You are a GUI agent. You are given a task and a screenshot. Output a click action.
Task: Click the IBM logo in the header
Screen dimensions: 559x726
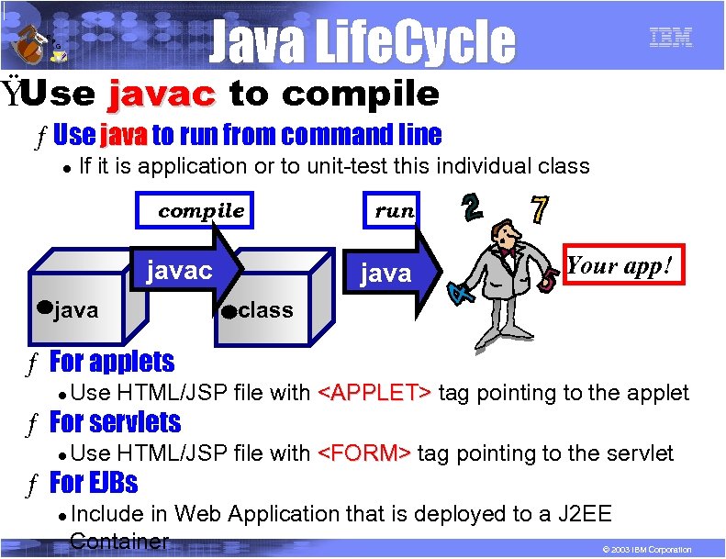(x=670, y=37)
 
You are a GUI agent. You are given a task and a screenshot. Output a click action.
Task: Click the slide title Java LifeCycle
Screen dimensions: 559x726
(x=362, y=41)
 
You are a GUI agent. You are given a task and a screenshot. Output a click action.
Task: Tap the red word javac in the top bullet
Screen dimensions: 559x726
(x=161, y=94)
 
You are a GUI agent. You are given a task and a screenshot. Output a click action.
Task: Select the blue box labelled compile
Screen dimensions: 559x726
(x=201, y=210)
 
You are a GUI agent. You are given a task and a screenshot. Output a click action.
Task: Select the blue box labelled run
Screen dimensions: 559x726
(x=394, y=210)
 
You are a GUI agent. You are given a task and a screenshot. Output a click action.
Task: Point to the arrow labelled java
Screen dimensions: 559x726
(x=389, y=273)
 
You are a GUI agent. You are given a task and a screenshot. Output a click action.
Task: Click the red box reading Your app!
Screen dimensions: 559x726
(x=620, y=266)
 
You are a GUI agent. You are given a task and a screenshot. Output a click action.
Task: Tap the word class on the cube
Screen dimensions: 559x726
(x=265, y=310)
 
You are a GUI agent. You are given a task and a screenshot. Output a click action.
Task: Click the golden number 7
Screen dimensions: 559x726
(x=541, y=210)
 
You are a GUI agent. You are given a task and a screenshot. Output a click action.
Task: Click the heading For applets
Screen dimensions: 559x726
(x=111, y=362)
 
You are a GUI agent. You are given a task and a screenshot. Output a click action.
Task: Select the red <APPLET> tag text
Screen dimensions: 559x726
(x=374, y=393)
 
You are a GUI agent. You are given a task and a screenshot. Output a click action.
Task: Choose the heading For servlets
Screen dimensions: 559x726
(x=115, y=422)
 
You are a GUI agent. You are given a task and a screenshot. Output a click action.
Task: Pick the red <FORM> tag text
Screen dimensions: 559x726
(x=364, y=453)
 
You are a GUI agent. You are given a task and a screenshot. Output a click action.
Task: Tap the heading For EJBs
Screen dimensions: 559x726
(x=93, y=482)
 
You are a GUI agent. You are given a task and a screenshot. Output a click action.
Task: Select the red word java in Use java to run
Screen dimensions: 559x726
(x=124, y=136)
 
